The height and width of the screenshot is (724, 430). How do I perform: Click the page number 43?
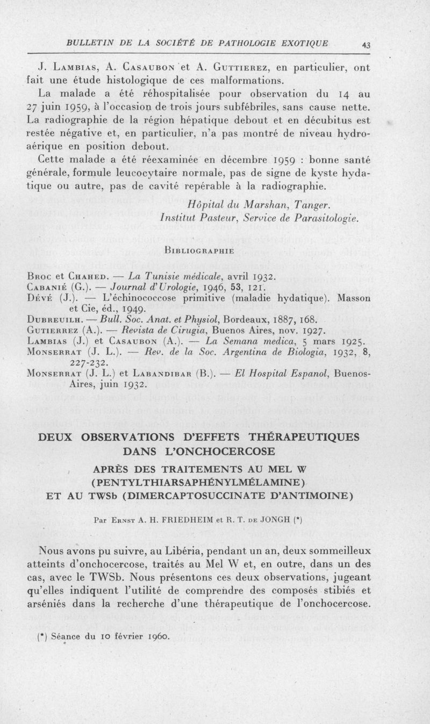click(x=366, y=46)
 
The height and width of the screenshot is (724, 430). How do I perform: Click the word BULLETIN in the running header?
click(x=89, y=44)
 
